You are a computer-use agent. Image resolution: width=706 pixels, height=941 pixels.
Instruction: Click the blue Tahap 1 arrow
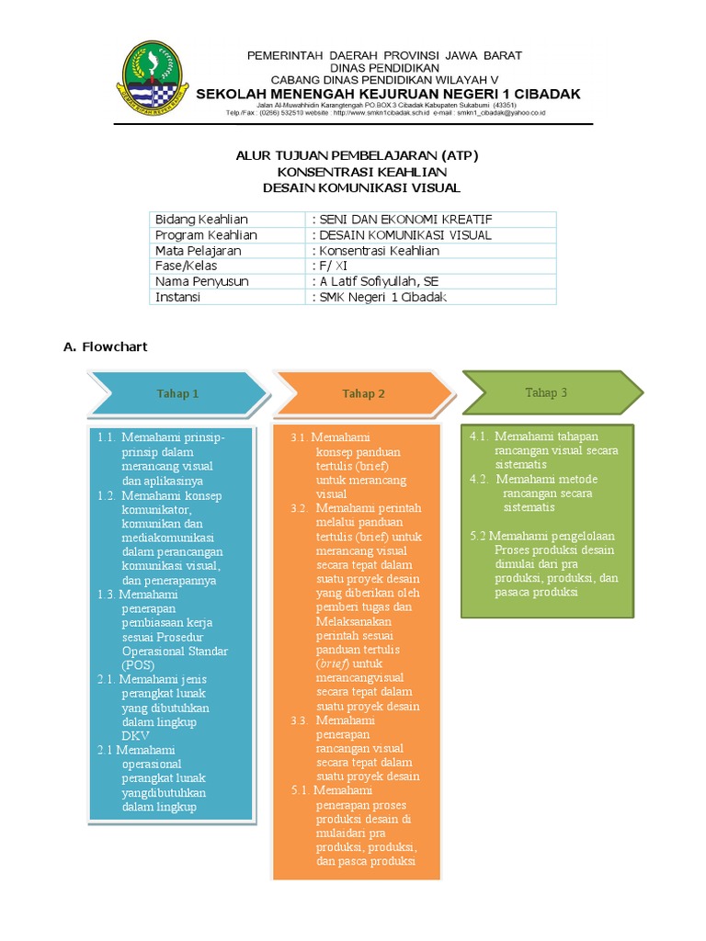pos(177,394)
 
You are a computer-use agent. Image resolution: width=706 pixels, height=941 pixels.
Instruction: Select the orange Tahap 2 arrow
pos(363,394)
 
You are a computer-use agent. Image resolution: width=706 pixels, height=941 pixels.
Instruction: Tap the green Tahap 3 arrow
pos(546,392)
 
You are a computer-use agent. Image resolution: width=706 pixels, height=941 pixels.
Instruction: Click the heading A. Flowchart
pos(105,347)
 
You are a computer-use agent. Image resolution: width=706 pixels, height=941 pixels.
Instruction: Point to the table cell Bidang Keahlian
pos(202,220)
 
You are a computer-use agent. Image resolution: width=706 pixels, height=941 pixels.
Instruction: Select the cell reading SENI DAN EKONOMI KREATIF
pos(403,220)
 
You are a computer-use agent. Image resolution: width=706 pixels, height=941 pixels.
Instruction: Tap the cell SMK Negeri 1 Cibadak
pos(379,297)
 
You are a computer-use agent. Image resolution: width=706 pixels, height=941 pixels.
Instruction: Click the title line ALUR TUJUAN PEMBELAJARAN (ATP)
pos(358,155)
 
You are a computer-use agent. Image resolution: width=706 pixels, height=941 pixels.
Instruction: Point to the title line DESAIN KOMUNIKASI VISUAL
pos(361,187)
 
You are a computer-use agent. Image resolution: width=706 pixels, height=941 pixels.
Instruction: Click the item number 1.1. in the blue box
pos(107,437)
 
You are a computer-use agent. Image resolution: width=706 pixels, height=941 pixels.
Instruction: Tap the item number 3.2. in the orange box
pos(300,508)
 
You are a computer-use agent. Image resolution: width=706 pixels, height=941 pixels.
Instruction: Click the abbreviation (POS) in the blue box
pos(139,664)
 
